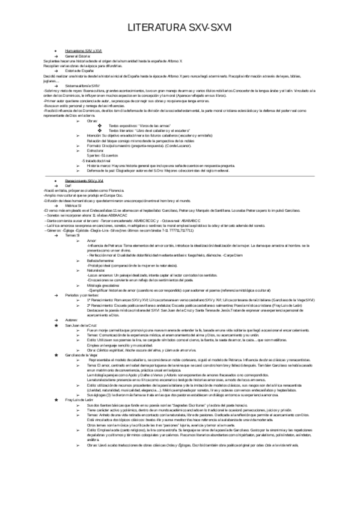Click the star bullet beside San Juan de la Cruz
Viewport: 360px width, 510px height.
pyautogui.click(x=55, y=325)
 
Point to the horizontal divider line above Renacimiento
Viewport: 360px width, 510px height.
pyautogui.click(x=180, y=176)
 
